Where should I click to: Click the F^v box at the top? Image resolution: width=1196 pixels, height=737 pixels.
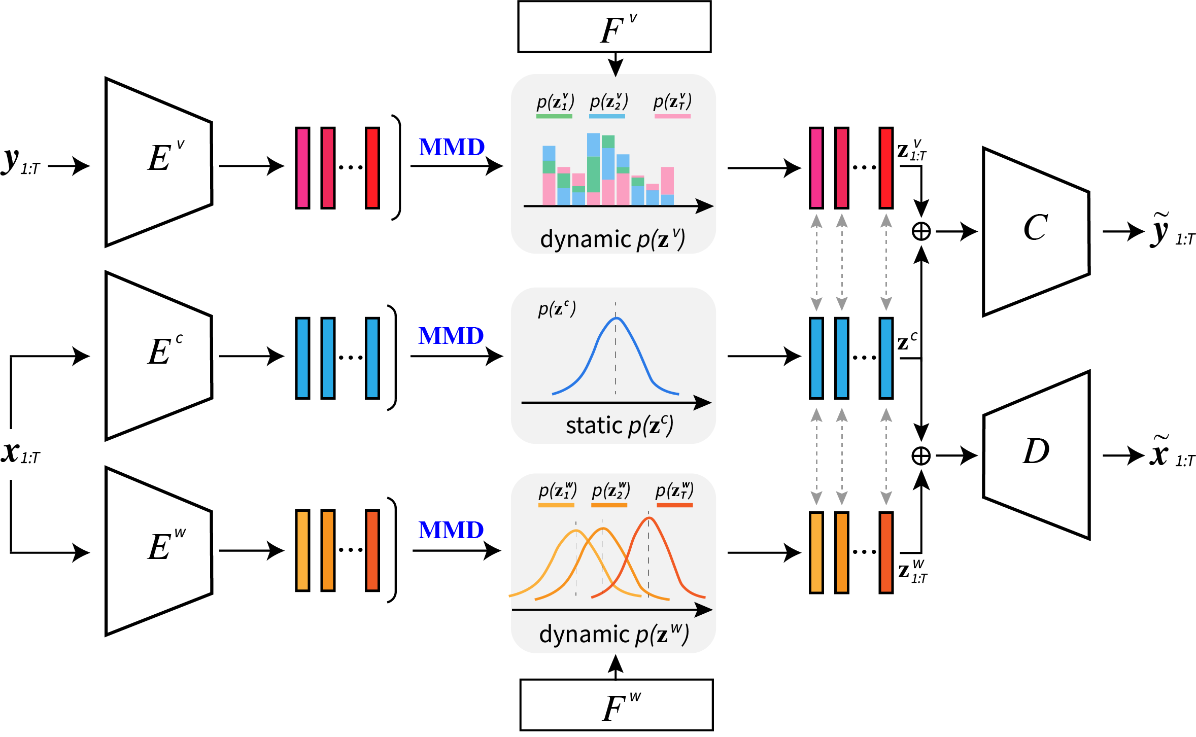[x=614, y=27]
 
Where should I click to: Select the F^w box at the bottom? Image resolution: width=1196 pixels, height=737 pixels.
[x=616, y=705]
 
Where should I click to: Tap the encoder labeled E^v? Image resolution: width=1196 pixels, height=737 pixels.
[x=158, y=162]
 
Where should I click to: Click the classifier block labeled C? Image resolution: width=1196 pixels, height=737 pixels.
[x=1036, y=232]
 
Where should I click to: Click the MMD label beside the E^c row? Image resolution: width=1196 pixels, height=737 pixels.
[x=451, y=336]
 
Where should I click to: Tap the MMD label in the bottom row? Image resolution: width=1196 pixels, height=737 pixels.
[x=451, y=530]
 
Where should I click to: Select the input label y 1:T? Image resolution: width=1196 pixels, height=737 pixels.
[x=20, y=162]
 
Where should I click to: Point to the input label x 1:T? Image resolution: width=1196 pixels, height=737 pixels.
[x=20, y=453]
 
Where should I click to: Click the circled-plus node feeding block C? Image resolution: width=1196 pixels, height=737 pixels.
[x=921, y=232]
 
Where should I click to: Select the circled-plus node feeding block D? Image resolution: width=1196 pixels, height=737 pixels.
[x=921, y=455]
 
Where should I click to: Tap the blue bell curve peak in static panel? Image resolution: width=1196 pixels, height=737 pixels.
[x=616, y=319]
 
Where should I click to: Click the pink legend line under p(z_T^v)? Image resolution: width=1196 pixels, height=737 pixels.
[x=672, y=116]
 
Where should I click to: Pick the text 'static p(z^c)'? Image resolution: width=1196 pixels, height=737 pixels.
[x=619, y=426]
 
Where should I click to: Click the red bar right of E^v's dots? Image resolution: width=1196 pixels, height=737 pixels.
[x=372, y=168]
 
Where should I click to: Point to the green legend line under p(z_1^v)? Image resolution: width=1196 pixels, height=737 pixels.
[x=554, y=116]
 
